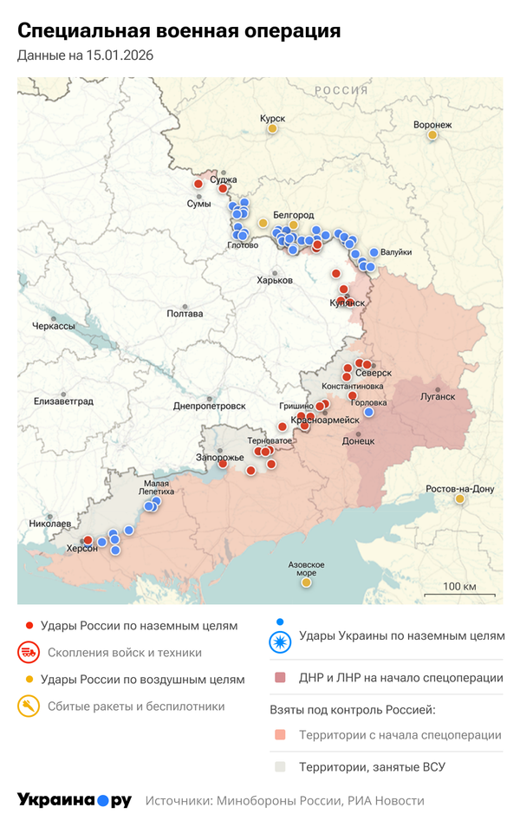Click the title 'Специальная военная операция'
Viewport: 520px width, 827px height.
(179, 31)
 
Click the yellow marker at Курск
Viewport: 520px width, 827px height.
(272, 129)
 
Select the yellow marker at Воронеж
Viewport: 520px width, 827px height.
(432, 134)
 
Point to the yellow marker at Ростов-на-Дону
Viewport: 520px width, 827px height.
(460, 498)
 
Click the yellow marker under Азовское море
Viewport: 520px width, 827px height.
(306, 583)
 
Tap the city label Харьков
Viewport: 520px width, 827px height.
(275, 280)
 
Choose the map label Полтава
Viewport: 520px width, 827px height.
(185, 314)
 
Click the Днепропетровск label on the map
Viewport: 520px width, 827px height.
(210, 406)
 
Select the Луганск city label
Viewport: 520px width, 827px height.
(438, 396)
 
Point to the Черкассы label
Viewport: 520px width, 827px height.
(53, 326)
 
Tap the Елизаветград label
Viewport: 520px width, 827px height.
(63, 400)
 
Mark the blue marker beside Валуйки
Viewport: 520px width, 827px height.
(374, 252)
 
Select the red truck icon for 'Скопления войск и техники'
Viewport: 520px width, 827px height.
(29, 653)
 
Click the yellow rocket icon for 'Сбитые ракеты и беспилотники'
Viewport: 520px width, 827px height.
(29, 707)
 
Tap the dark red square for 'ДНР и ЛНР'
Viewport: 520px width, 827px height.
(279, 678)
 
